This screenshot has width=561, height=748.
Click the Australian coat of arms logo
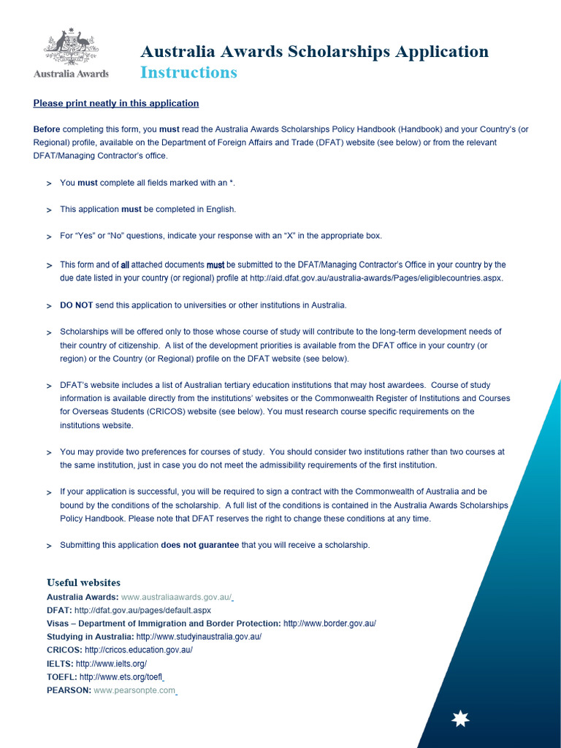[x=71, y=46]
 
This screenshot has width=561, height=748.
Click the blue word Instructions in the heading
[x=188, y=72]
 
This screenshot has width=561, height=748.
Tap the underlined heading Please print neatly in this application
[x=116, y=103]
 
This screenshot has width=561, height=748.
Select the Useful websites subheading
[x=83, y=583]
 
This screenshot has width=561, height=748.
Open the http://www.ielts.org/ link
[x=111, y=663]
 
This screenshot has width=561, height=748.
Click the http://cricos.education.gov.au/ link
[x=138, y=650]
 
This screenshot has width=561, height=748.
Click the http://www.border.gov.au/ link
[x=329, y=623]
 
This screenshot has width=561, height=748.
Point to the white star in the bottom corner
[x=460, y=720]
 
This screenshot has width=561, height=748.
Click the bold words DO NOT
[x=76, y=305]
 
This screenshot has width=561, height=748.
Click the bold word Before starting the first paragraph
[x=47, y=129]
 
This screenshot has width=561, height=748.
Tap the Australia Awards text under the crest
[x=71, y=74]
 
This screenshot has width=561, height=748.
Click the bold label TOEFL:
[x=61, y=676]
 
